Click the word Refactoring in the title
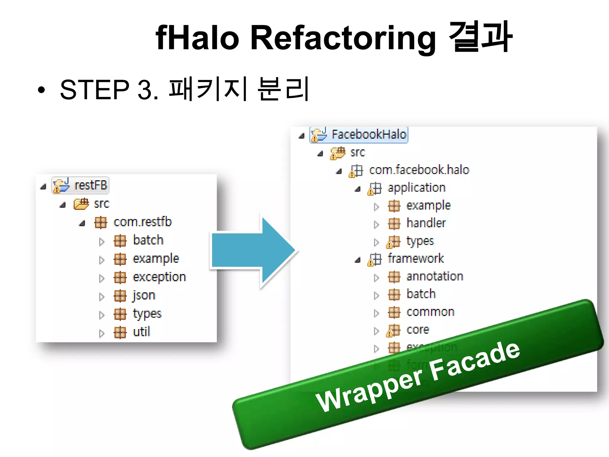[343, 38]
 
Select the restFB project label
[91, 185]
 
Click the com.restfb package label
[142, 222]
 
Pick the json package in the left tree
[144, 295]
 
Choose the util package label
[142, 332]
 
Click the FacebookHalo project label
[369, 134]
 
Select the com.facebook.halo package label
[419, 170]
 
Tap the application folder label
[416, 188]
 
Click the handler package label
[426, 223]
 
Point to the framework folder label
[416, 259]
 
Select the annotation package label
[435, 276]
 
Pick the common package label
[430, 312]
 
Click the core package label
[417, 330]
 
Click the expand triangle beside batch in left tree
[102, 242]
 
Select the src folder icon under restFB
[81, 204]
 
